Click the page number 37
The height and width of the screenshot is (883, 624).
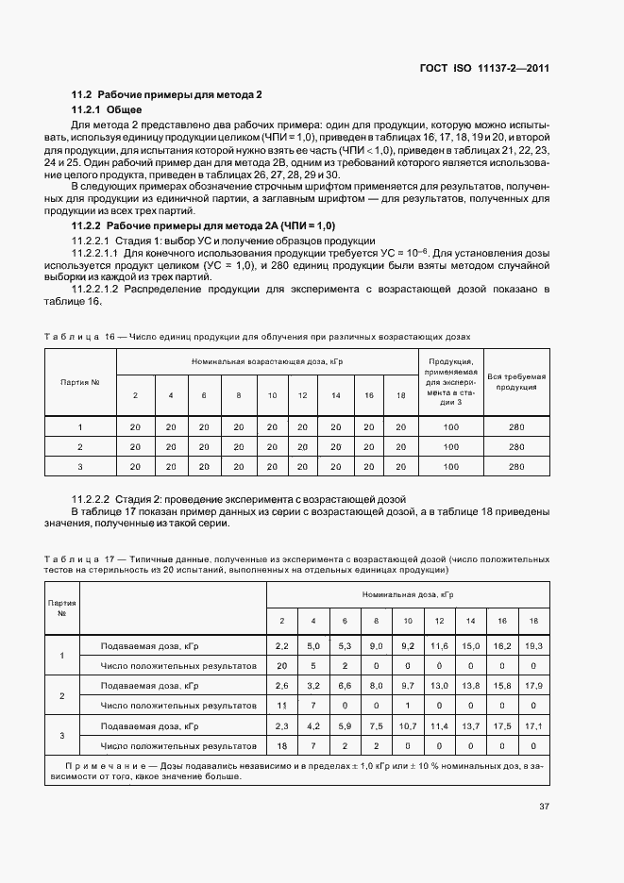544,807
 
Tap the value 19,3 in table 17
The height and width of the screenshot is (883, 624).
534,645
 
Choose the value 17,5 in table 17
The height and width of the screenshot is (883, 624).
502,725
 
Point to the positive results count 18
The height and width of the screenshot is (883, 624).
281,745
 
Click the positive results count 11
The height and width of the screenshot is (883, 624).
281,705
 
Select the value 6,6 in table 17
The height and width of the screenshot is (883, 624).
346,685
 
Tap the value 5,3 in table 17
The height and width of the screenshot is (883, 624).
346,645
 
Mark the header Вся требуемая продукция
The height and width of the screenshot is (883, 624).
516,381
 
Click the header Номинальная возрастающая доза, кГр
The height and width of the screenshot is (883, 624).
267,361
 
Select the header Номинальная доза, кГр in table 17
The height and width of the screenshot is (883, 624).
408,595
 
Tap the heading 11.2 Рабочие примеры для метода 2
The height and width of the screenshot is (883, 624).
167,94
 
